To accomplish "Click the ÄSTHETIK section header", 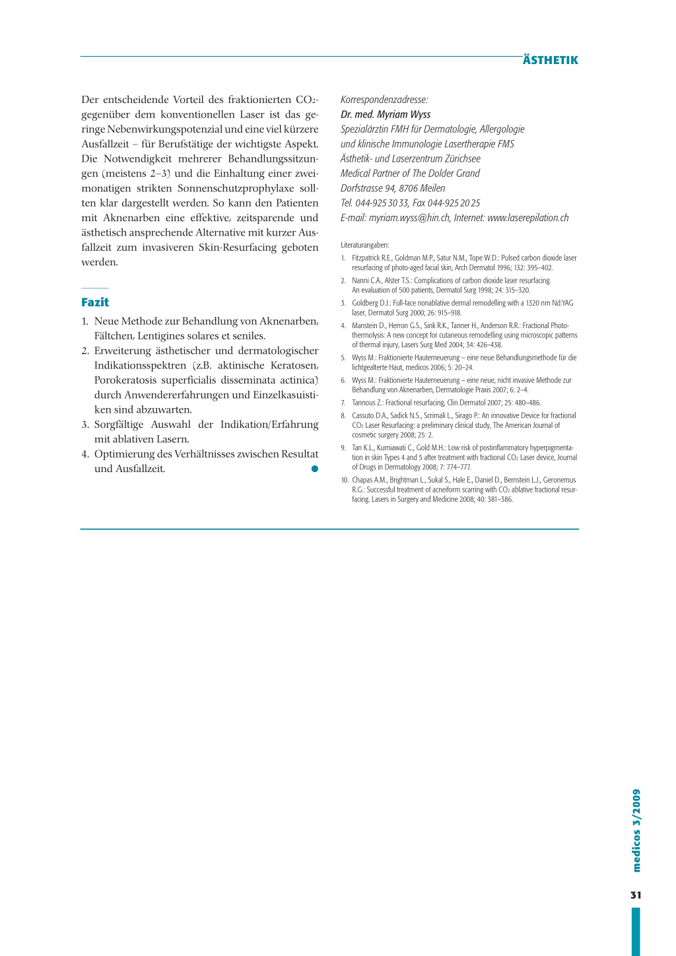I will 550,60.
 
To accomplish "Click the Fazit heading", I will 95,302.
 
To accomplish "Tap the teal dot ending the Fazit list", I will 315,469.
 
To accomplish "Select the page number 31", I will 636,895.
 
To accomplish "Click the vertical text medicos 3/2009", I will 636,830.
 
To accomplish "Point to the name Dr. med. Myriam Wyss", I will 386,114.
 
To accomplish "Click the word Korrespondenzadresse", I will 384,100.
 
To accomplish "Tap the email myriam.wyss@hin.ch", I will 409,218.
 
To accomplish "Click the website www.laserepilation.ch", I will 527,218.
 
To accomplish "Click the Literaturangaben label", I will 365,245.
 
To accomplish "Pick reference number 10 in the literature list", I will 345,480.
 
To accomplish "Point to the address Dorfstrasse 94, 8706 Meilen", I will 393,188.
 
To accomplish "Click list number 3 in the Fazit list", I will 85,425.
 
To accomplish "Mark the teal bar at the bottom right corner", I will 636,931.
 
